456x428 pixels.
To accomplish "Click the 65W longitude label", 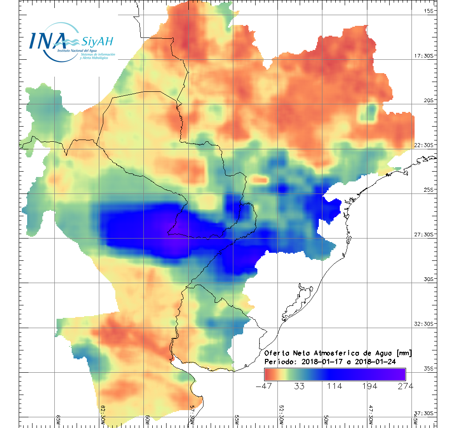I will [58, 419].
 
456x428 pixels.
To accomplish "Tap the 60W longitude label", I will [147, 419].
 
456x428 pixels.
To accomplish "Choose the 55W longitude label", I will [237, 419].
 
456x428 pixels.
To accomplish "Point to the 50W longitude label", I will [326, 419].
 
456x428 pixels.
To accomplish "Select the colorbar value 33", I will [299, 386].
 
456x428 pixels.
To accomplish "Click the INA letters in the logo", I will [48, 41].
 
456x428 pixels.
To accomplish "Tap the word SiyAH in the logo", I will [97, 42].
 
